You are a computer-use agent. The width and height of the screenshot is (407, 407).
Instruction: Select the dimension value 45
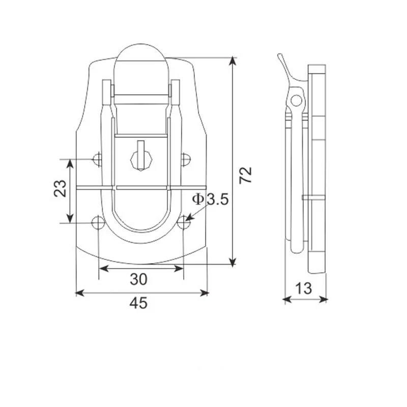[x=138, y=303]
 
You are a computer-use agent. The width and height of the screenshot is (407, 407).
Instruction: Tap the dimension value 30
[x=138, y=279]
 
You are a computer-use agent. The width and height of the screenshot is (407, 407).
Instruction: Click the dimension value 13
[x=304, y=288]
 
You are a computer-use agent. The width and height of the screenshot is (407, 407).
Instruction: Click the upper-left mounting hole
[x=97, y=160]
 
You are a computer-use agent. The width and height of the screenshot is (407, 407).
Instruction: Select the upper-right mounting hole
[x=186, y=160]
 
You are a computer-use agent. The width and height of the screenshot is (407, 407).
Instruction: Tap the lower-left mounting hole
[x=97, y=222]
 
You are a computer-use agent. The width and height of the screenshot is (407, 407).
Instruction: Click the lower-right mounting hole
[x=185, y=222]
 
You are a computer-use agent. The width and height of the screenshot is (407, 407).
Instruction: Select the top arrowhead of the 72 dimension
[x=233, y=61]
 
